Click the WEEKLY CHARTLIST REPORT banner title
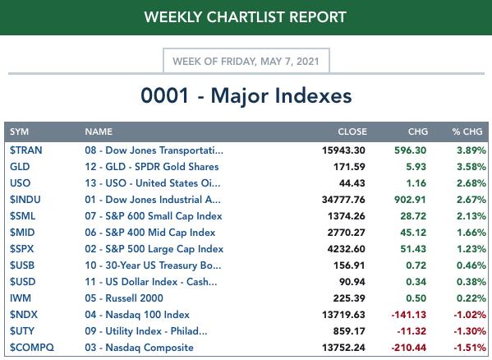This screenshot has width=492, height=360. tap(245, 17)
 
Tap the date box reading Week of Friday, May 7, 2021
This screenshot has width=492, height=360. tap(246, 61)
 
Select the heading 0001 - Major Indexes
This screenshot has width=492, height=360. tap(246, 95)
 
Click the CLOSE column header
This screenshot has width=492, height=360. tap(352, 132)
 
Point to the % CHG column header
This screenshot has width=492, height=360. tap(467, 132)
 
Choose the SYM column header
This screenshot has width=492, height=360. tap(19, 132)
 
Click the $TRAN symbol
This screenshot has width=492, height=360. tap(25, 150)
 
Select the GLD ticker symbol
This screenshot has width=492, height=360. tap(20, 167)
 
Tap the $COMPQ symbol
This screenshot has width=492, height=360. tap(32, 348)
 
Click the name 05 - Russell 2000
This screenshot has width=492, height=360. tap(124, 298)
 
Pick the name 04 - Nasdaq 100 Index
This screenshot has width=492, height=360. tap(137, 315)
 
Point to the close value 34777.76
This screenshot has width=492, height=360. tap(343, 200)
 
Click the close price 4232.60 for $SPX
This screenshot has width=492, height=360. tap(346, 249)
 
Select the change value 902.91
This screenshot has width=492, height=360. tap(410, 200)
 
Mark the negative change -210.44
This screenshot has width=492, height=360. tap(409, 348)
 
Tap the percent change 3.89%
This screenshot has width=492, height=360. tap(471, 150)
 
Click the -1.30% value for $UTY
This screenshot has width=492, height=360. tap(470, 330)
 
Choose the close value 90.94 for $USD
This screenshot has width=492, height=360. tap(352, 282)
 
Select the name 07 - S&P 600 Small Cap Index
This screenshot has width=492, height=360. tap(154, 216)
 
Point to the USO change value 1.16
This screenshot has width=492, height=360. tap(416, 183)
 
